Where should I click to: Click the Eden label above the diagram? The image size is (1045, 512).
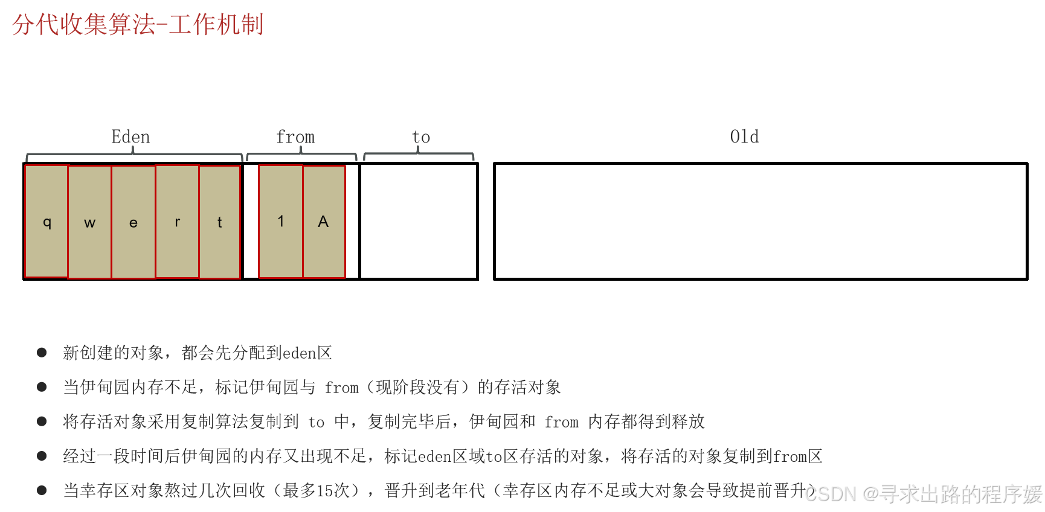(130, 137)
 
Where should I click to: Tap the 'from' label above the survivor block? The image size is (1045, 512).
(295, 137)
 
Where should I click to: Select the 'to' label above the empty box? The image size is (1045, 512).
(421, 138)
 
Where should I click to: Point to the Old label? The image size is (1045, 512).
(744, 136)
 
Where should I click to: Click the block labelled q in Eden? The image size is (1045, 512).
(47, 222)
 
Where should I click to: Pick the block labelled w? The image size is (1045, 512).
(90, 222)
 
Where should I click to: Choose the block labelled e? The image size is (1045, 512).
(133, 222)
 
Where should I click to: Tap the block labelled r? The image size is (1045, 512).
(177, 222)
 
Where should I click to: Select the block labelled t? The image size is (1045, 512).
(220, 222)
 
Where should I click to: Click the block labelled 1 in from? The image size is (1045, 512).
(281, 222)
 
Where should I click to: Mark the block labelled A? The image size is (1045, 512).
(324, 222)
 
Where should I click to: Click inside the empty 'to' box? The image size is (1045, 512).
(419, 222)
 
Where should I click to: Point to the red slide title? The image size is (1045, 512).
(138, 25)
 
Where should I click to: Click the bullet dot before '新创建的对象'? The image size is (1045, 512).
(42, 353)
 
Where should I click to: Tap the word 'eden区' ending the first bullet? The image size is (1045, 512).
(307, 353)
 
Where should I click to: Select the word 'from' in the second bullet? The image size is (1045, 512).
(341, 388)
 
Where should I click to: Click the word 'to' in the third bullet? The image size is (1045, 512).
(316, 422)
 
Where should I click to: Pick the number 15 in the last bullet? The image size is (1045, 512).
(325, 491)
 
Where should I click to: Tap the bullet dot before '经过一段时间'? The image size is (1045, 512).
(42, 456)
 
